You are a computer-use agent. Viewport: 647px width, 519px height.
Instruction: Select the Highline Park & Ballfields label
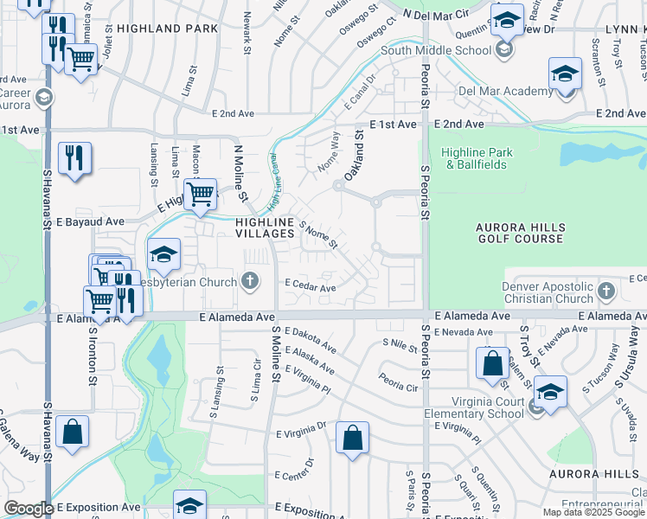click(x=477, y=158)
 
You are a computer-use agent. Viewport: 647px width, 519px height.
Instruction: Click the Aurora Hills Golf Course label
click(x=519, y=233)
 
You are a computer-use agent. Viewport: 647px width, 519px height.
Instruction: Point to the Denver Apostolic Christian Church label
click(x=550, y=292)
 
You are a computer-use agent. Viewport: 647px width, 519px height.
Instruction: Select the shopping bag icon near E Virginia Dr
click(x=353, y=437)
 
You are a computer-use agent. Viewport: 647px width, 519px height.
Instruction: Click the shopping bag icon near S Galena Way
click(x=74, y=432)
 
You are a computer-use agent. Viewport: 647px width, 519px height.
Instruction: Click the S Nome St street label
click(x=317, y=234)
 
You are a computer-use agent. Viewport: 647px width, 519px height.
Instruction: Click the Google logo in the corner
click(x=29, y=509)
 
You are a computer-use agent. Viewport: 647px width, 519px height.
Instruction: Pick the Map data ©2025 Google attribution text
click(x=593, y=512)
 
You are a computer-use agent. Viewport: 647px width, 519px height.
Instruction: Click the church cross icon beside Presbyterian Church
click(x=250, y=280)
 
